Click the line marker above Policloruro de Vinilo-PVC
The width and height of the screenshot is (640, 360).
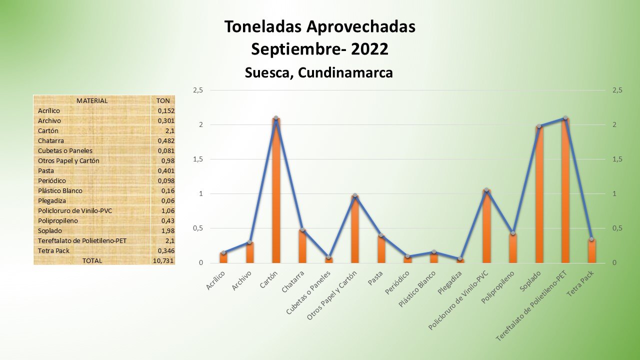coord(486,190)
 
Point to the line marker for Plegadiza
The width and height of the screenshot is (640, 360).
coord(460,258)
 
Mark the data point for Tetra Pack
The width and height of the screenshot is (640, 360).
coord(591,239)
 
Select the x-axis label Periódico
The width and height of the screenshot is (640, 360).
coord(399,282)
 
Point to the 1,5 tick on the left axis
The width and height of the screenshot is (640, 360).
coord(198,159)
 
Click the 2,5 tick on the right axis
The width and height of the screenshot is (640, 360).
coord(617,90)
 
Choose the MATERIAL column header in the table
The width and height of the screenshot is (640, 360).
coord(92,100)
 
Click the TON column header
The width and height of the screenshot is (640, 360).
coord(163,100)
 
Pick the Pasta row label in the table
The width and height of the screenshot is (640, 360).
coord(45,170)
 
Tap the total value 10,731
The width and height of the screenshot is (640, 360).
coord(163,260)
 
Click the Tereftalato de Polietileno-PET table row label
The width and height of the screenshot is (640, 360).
coord(82,240)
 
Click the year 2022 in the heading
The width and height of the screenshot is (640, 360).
coord(369,49)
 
